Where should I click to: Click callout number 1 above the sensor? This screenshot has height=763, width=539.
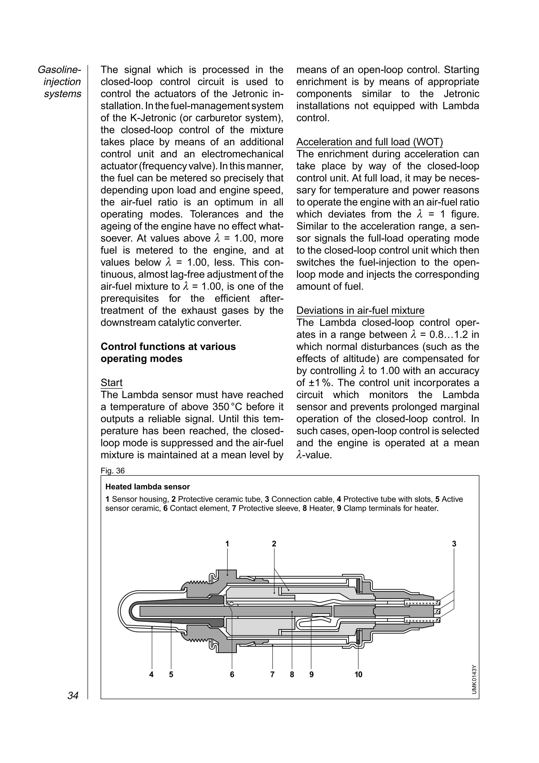pos(227,544)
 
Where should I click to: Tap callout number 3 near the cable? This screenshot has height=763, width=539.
pos(454,544)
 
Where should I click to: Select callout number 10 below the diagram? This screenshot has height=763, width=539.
pos(358,674)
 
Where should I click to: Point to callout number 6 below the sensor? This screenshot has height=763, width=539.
pos(232,674)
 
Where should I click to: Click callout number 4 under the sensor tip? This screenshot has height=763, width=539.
pos(151,674)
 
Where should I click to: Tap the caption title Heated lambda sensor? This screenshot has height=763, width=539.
pos(147,487)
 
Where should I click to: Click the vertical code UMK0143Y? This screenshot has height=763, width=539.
pos(474,679)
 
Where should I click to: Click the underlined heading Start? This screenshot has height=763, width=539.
pos(112,383)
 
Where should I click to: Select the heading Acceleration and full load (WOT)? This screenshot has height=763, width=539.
pos(369,142)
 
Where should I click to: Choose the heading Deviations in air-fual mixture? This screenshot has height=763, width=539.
pos(360,310)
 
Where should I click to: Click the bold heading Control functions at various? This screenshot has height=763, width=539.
pos(168,346)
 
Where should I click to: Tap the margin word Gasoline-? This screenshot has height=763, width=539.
pos(59,70)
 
